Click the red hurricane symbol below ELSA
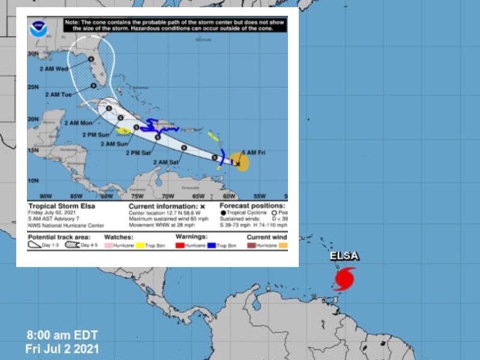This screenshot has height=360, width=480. point(344,279)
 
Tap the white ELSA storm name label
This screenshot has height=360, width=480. point(344,257)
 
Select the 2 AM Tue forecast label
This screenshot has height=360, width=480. point(58,95)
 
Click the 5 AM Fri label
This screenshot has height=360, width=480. point(253,152)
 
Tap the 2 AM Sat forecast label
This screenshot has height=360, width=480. point(166,162)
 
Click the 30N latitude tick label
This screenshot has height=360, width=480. point(32,53)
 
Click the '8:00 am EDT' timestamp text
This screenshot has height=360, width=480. point(62,335)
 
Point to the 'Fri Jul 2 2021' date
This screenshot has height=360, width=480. point(62,349)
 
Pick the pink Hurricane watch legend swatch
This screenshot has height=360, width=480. point(109,245)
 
